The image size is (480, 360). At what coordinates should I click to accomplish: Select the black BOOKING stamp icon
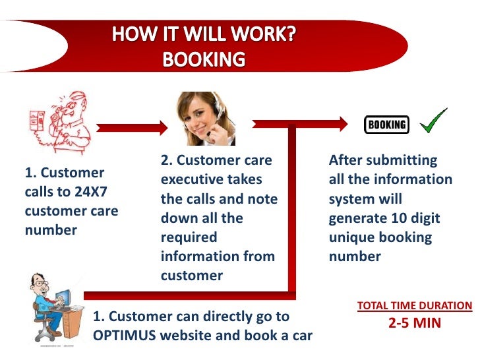[386, 123]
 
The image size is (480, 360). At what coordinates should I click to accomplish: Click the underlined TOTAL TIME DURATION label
[415, 306]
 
